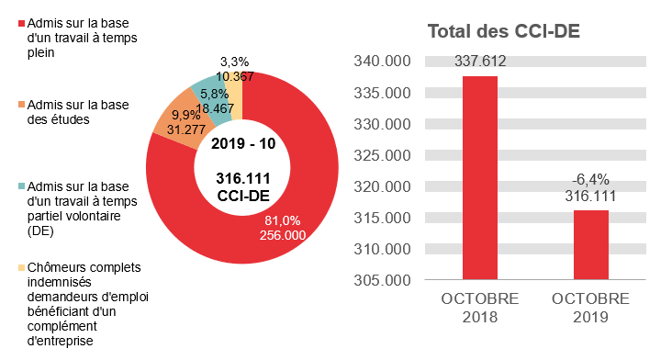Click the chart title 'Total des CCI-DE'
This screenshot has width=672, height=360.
point(503,31)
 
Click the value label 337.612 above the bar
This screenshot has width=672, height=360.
point(480,62)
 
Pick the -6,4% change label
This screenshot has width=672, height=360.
point(589,179)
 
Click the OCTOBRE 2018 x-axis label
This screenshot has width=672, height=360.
point(480,309)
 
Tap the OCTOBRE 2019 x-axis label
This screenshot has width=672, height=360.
point(589,309)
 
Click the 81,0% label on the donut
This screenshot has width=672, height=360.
point(283,220)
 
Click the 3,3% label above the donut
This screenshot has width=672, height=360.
point(235,62)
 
